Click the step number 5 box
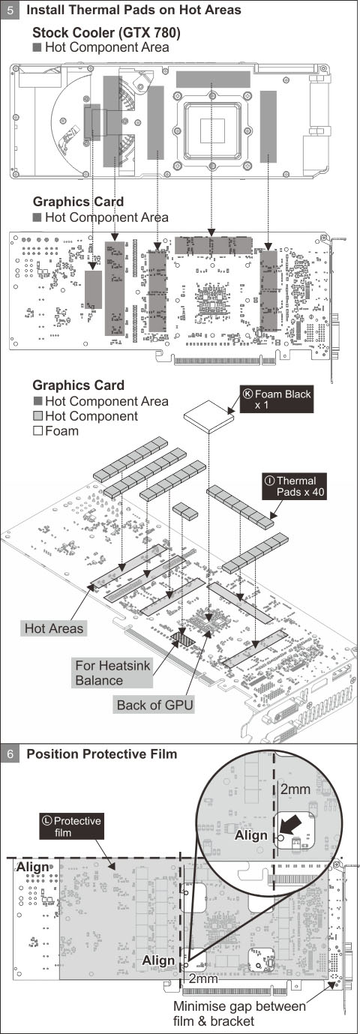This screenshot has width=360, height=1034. click(10, 10)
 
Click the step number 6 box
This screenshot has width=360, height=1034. click(10, 754)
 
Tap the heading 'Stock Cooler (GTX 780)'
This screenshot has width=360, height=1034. click(106, 33)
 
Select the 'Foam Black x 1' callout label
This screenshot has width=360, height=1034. click(277, 400)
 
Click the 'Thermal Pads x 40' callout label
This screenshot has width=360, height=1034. click(295, 486)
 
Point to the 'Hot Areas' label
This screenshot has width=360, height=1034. click(54, 628)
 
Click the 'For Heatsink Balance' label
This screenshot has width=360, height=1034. click(112, 673)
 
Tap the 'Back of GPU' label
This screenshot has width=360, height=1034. click(154, 705)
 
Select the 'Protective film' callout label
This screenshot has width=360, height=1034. click(71, 826)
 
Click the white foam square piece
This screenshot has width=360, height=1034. click(209, 416)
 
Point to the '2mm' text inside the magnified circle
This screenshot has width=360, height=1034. click(295, 790)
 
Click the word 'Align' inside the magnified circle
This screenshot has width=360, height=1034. click(250, 835)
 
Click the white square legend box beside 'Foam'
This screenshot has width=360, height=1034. click(37, 430)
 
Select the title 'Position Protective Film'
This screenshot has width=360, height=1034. click(102, 754)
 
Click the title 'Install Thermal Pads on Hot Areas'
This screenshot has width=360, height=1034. click(133, 10)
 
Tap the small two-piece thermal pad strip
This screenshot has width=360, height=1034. click(185, 511)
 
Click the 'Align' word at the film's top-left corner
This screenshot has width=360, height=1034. click(32, 867)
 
